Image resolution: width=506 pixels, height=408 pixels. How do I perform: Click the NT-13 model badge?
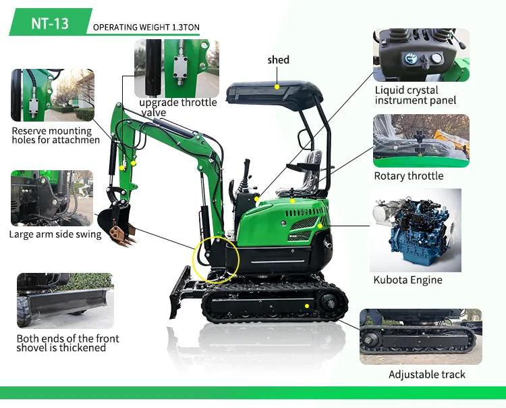coord(50,22)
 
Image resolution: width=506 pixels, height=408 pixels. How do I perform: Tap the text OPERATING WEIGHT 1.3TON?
coord(146,28)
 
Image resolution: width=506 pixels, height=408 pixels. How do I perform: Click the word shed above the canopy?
coord(278,59)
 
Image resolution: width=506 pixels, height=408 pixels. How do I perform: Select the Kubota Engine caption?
coord(407,280)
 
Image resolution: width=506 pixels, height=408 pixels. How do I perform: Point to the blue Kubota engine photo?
coord(416,230)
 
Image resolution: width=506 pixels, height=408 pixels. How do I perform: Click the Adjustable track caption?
coord(427,374)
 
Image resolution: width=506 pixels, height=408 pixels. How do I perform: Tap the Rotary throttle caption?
coord(409,176)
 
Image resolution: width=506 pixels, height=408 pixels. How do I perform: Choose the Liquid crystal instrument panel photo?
coord(421,55)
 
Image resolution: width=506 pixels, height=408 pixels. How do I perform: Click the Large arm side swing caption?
coord(55,234)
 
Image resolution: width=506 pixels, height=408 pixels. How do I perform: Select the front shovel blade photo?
coord(65,301)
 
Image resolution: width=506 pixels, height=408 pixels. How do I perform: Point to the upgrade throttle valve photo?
coord(177,68)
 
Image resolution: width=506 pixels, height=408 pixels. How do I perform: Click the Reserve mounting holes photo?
coord(53,95)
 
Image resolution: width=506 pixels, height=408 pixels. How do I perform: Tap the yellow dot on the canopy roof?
coord(277,87)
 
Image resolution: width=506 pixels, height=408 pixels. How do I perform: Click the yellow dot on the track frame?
coord(307,306)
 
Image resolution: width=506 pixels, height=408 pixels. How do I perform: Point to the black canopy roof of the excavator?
coord(275,94)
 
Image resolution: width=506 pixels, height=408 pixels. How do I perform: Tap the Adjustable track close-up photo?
coord(421,336)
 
